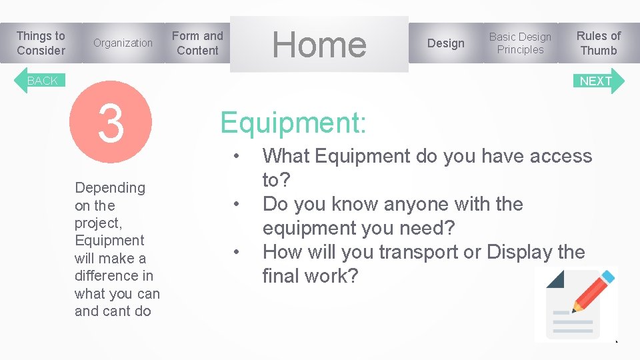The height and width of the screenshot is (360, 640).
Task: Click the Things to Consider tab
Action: click(41, 43)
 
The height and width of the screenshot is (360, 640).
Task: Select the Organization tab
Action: click(123, 43)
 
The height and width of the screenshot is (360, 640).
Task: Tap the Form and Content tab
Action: click(197, 43)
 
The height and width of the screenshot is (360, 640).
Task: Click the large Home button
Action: click(319, 45)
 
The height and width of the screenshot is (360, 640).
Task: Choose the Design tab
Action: click(445, 43)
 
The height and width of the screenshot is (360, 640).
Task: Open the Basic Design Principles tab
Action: click(520, 43)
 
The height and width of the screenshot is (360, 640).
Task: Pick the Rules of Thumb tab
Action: click(598, 43)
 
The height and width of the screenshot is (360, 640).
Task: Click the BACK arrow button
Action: click(40, 81)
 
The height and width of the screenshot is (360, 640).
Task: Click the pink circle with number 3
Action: click(111, 123)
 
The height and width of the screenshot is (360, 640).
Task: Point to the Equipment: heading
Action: click(293, 123)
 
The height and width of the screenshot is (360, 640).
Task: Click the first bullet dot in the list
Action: click(236, 157)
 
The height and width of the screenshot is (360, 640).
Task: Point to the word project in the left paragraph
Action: click(97, 223)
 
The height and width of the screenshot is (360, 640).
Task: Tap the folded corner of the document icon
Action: click(555, 279)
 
